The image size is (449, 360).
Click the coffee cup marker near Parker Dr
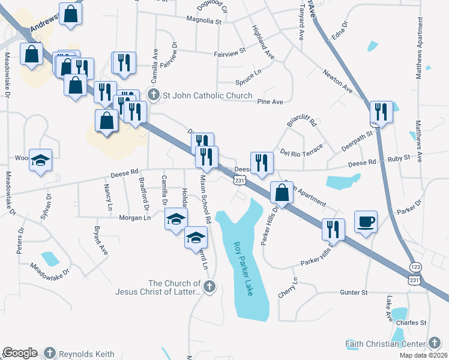[366, 222]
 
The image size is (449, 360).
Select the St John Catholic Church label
[200, 95]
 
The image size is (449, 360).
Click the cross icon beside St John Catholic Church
[154, 95]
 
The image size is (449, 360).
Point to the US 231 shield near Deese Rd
[239, 180]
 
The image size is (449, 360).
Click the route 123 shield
[415, 266]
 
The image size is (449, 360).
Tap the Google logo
[20, 353]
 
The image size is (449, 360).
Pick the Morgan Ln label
[134, 218]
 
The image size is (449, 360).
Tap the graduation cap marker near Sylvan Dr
[41, 160]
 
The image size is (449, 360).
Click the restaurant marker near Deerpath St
[381, 112]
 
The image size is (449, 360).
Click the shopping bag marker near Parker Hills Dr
[282, 193]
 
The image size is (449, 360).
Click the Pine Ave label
[270, 102]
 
